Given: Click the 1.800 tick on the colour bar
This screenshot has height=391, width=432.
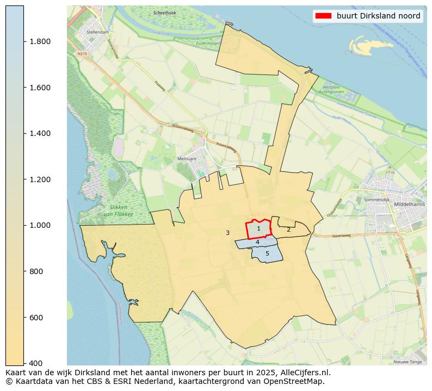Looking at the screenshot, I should point(39,41).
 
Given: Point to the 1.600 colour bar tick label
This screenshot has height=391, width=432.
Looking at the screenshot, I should point(39,88).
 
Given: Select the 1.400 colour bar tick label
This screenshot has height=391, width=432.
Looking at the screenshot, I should point(39,133).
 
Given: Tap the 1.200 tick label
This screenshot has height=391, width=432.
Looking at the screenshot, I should point(39,179).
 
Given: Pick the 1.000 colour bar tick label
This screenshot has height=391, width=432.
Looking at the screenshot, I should point(39,225).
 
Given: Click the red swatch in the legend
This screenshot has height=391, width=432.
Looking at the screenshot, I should point(323,16).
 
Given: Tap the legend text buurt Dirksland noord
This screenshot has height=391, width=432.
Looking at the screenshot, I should point(378,16).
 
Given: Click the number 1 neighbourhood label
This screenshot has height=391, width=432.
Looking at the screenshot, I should point(258,229).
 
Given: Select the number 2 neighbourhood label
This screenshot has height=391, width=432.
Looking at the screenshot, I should point(288,229).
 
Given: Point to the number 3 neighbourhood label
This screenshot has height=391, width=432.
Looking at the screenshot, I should point(227,233).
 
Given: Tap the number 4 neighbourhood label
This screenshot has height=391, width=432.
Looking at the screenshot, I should point(257,242).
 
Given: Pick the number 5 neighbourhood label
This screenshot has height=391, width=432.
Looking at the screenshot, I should point(267,253).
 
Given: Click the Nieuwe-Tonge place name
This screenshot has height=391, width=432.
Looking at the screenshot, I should point(408,361).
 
